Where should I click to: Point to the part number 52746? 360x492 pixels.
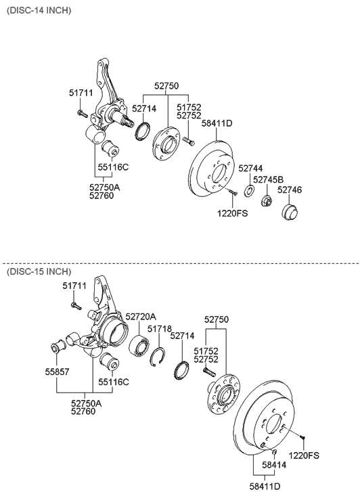(290, 190)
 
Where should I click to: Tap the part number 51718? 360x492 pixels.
(159, 328)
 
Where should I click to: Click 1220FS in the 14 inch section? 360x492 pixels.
(231, 213)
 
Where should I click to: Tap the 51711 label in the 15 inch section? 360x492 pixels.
(74, 286)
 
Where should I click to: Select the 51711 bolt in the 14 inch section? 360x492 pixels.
(80, 112)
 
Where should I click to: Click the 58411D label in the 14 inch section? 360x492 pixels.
(218, 123)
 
